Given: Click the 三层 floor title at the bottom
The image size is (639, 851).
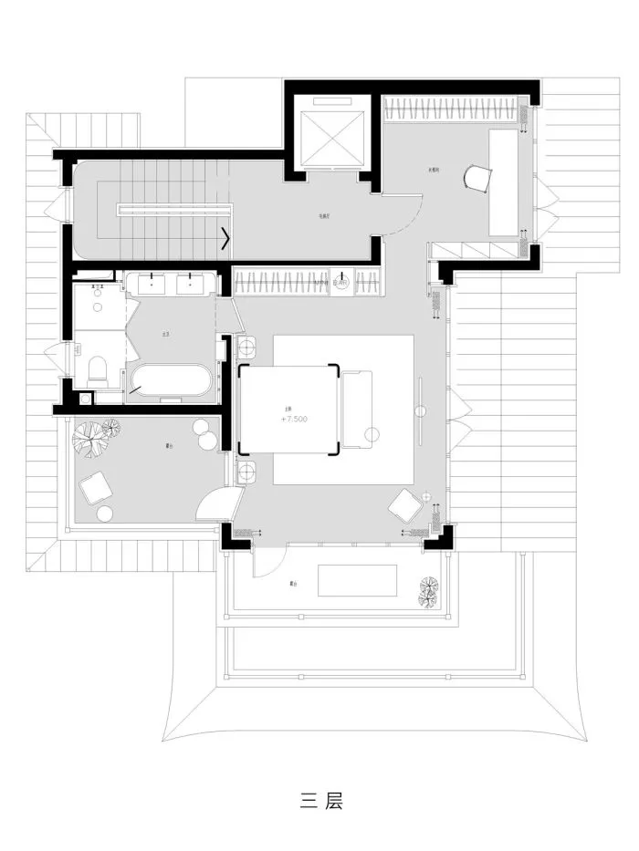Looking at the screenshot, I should pos(319,802).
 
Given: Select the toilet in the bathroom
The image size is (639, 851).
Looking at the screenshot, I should pos(98,369).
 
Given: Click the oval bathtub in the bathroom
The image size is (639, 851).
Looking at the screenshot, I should pos(172,380).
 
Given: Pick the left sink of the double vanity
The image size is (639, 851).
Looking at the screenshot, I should pos(150,284).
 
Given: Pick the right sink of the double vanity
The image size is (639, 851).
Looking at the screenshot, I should pos(191,284).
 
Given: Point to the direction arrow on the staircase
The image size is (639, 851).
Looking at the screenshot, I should pos(224,242).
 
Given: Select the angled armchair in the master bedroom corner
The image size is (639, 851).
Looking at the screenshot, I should pos(406,506).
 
